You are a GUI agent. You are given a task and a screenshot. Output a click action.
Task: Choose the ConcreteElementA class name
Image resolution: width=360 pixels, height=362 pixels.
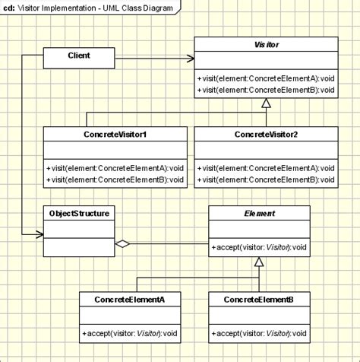pos(129,300)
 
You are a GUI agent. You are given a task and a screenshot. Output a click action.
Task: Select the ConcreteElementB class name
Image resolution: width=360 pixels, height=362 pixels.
pos(258,300)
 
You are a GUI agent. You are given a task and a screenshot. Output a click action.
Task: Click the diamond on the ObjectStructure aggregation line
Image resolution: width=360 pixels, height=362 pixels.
pos(122,245)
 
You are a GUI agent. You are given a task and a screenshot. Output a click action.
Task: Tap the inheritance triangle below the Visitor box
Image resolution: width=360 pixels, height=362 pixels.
pos(267,103)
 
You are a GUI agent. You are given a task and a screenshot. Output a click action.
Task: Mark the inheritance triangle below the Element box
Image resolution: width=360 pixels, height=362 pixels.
pos(259,262)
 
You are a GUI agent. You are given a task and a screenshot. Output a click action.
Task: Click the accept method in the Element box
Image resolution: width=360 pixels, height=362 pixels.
pos(259,246)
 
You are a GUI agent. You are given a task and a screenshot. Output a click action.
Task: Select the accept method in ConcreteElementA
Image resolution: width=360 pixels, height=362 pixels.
pos(129,332)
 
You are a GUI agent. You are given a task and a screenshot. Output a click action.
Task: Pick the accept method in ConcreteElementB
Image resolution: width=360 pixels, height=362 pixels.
pos(258,332)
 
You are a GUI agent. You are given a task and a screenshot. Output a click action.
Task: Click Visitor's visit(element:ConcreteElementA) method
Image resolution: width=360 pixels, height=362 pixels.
pos(267,77)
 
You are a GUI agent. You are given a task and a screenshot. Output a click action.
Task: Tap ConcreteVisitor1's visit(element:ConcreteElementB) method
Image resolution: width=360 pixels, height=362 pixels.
pos(115,179)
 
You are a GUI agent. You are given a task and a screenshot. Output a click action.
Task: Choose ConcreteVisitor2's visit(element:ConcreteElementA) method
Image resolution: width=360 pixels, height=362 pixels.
pos(267,167)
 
